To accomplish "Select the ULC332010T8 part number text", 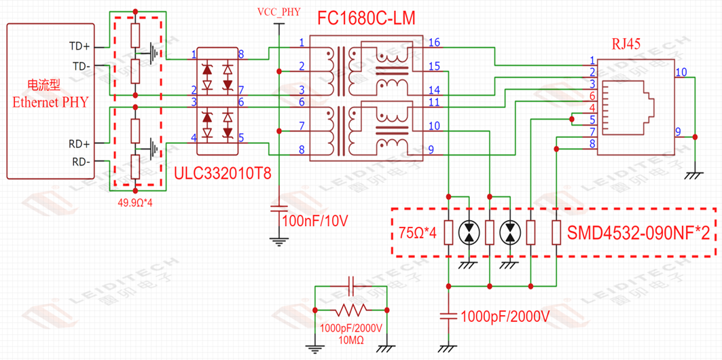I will pos(223,174).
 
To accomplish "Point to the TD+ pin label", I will pos(79,46).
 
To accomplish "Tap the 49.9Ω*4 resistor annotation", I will pos(139,202).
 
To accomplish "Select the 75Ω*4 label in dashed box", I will pos(417,233).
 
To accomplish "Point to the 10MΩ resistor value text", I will pos(350,339).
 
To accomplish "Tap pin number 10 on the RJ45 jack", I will pos(681,72).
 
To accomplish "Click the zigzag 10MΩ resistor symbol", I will pos(350,310).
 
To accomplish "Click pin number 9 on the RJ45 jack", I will pos(677,130).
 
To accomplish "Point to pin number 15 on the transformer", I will pos(434,67).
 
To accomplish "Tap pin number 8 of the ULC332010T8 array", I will pos(241,54).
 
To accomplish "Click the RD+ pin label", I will pos(79,144).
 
